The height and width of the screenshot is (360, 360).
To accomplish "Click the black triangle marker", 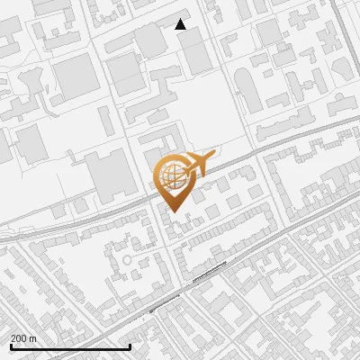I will click(x=181, y=24).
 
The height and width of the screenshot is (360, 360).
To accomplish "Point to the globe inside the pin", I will click(x=172, y=175).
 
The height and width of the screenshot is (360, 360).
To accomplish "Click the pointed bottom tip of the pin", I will click(x=173, y=211).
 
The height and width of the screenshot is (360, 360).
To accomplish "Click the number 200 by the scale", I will click(x=19, y=338).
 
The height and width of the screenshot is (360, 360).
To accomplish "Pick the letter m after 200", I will click(x=32, y=338).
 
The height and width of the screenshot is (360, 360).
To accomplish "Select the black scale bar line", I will click(x=70, y=347).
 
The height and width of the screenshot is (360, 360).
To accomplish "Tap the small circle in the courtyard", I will click(x=127, y=259).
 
